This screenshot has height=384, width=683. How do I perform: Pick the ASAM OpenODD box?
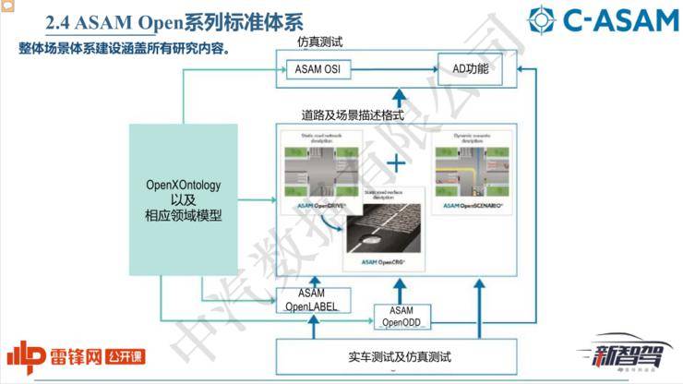coord(401,317)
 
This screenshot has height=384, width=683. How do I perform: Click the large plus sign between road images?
coord(396,163)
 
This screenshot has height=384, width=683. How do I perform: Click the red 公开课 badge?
coord(128,356)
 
